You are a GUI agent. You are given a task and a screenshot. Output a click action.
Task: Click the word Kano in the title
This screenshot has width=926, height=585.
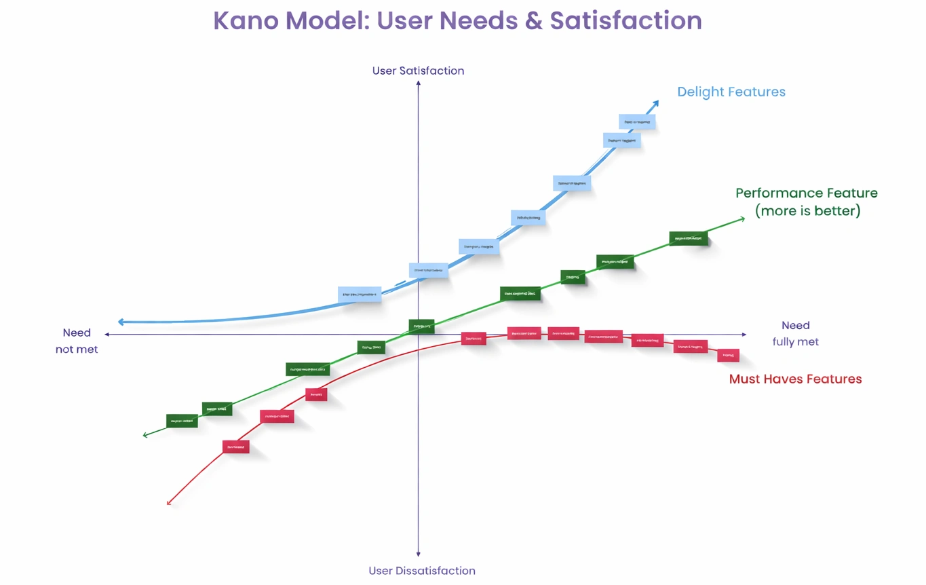pyautogui.click(x=246, y=21)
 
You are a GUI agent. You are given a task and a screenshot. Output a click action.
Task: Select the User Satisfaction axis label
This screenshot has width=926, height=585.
pyautogui.click(x=418, y=71)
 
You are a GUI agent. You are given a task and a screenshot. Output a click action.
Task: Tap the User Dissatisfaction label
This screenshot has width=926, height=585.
pyautogui.click(x=421, y=571)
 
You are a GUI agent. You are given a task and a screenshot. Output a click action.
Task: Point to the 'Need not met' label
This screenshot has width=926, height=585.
pyautogui.click(x=77, y=341)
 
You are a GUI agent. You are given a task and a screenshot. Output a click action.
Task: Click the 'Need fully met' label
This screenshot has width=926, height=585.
pyautogui.click(x=795, y=333)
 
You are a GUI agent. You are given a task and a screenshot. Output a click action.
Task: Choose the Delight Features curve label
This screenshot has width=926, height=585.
pyautogui.click(x=731, y=92)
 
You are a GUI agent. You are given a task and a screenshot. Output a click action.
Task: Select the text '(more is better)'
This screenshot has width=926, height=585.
pyautogui.click(x=807, y=211)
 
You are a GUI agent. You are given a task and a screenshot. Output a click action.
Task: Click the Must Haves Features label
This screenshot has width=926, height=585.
pyautogui.click(x=795, y=379)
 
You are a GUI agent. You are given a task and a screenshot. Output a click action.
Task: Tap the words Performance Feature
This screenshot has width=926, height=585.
pyautogui.click(x=806, y=193)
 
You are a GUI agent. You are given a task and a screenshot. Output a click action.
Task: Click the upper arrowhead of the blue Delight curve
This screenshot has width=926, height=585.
pyautogui.click(x=656, y=103)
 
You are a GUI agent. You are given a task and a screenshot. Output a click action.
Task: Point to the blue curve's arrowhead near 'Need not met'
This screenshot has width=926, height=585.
pyautogui.click(x=121, y=322)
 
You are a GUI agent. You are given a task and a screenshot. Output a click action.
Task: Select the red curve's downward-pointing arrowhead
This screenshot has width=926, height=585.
pyautogui.click(x=169, y=502)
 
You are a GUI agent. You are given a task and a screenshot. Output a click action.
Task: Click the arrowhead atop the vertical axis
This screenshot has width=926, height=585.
pyautogui.click(x=419, y=83)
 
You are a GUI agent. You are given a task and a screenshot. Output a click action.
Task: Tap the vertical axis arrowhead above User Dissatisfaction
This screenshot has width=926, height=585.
pyautogui.click(x=419, y=554)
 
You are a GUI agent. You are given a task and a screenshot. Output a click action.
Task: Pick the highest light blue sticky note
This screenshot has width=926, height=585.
pyautogui.click(x=637, y=122)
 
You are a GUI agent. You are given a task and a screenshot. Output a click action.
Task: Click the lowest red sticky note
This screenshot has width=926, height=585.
pyautogui.click(x=235, y=447)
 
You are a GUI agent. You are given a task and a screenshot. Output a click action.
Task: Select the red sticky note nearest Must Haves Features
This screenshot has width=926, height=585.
pyautogui.click(x=728, y=355)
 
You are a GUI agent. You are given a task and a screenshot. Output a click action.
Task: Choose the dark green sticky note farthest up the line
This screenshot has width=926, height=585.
pyautogui.click(x=689, y=238)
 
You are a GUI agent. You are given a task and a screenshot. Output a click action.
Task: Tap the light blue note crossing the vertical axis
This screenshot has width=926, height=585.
pyautogui.click(x=428, y=270)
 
